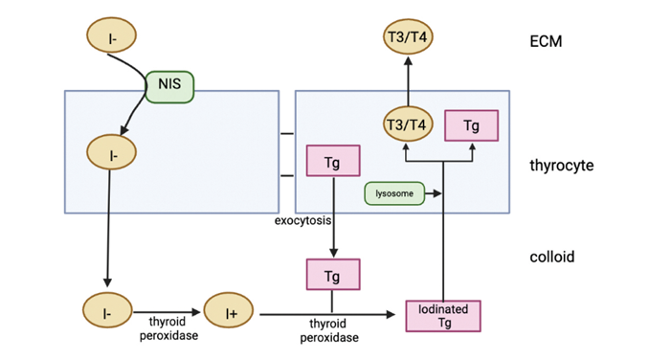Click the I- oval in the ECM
pyautogui.click(x=112, y=36)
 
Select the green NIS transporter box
pyautogui.click(x=168, y=87)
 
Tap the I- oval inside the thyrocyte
pyautogui.click(x=112, y=151)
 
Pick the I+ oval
pyautogui.click(x=231, y=312)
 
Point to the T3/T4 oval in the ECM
pyautogui.click(x=407, y=36)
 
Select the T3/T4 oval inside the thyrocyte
pyautogui.click(x=407, y=124)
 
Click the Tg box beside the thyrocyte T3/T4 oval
pyautogui.click(x=472, y=124)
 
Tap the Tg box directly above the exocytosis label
pyautogui.click(x=332, y=161)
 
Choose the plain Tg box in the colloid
pyautogui.click(x=332, y=276)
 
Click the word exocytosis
pyautogui.click(x=302, y=221)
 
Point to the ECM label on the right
pyautogui.click(x=546, y=42)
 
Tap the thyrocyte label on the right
pyautogui.click(x=561, y=166)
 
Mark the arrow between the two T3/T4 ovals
pyautogui.click(x=407, y=80)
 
